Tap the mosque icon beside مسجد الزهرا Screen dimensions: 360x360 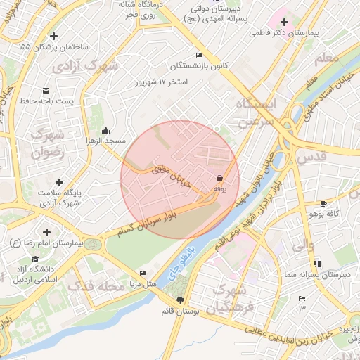(105, 129)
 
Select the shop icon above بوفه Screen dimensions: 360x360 (220, 179)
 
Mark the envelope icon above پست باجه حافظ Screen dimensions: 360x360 (46, 91)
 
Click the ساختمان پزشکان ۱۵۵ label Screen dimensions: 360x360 (53, 46)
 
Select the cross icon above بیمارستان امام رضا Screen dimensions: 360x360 (46, 231)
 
